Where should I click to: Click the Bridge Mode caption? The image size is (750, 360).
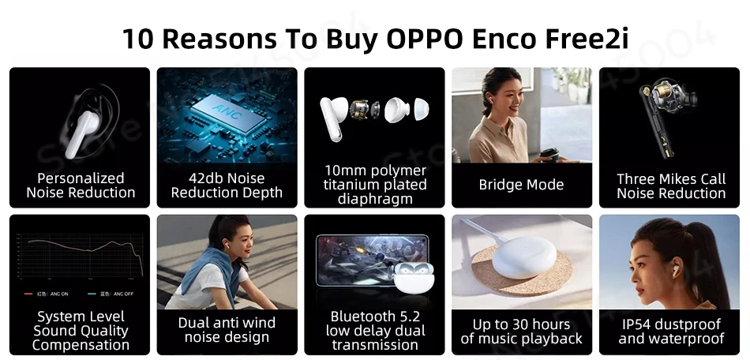(521, 185)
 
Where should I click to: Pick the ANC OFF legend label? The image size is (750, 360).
(118, 294)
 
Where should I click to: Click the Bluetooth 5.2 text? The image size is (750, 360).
(374, 317)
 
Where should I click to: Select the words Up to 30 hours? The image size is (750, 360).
(521, 324)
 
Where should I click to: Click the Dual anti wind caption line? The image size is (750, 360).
(227, 323)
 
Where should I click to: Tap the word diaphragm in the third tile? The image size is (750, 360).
(374, 199)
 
